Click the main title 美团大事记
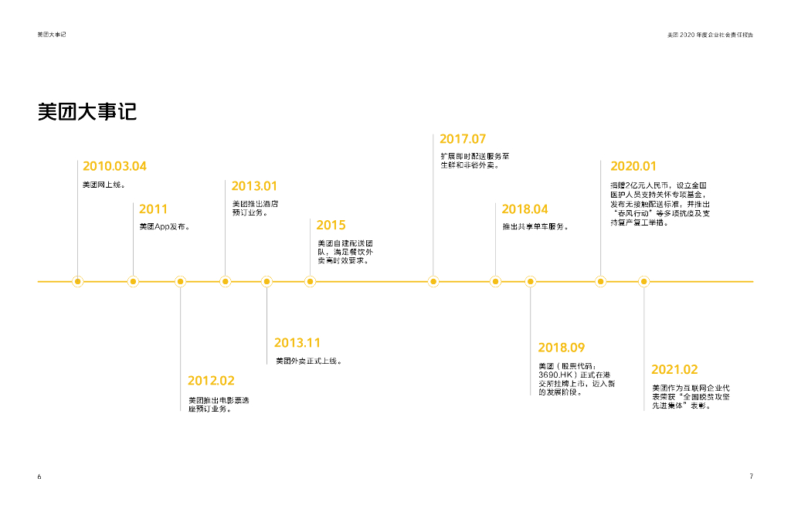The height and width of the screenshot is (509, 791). tap(87, 111)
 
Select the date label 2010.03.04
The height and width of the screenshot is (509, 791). tap(114, 166)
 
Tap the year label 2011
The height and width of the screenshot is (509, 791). tap(153, 209)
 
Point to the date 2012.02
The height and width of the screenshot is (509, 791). tap(211, 380)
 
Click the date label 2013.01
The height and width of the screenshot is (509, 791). tap(254, 186)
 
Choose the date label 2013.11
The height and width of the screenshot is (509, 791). tap(297, 342)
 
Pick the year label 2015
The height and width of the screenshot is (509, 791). tap(331, 225)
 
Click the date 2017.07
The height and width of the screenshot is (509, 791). tap(463, 139)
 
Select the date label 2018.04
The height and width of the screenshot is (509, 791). tap(525, 209)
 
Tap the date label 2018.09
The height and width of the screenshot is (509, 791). tap(562, 347)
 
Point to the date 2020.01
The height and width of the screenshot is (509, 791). tap(633, 166)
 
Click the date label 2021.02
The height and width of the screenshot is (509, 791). tap(674, 369)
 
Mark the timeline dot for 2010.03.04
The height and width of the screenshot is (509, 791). tap(77, 281)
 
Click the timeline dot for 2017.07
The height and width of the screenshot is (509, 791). tap(433, 281)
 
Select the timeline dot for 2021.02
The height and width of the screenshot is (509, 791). tap(644, 281)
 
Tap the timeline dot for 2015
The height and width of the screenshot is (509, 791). tap(310, 281)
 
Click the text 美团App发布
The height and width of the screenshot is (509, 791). tap(165, 227)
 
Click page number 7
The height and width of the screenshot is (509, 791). tap(751, 476)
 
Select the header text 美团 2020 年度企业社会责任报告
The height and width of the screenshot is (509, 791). tap(710, 35)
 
